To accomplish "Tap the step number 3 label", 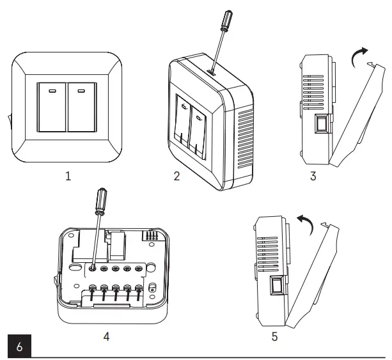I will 313,176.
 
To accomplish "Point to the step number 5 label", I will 274,334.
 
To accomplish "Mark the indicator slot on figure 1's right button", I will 81,90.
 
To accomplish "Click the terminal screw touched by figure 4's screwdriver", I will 94,269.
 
